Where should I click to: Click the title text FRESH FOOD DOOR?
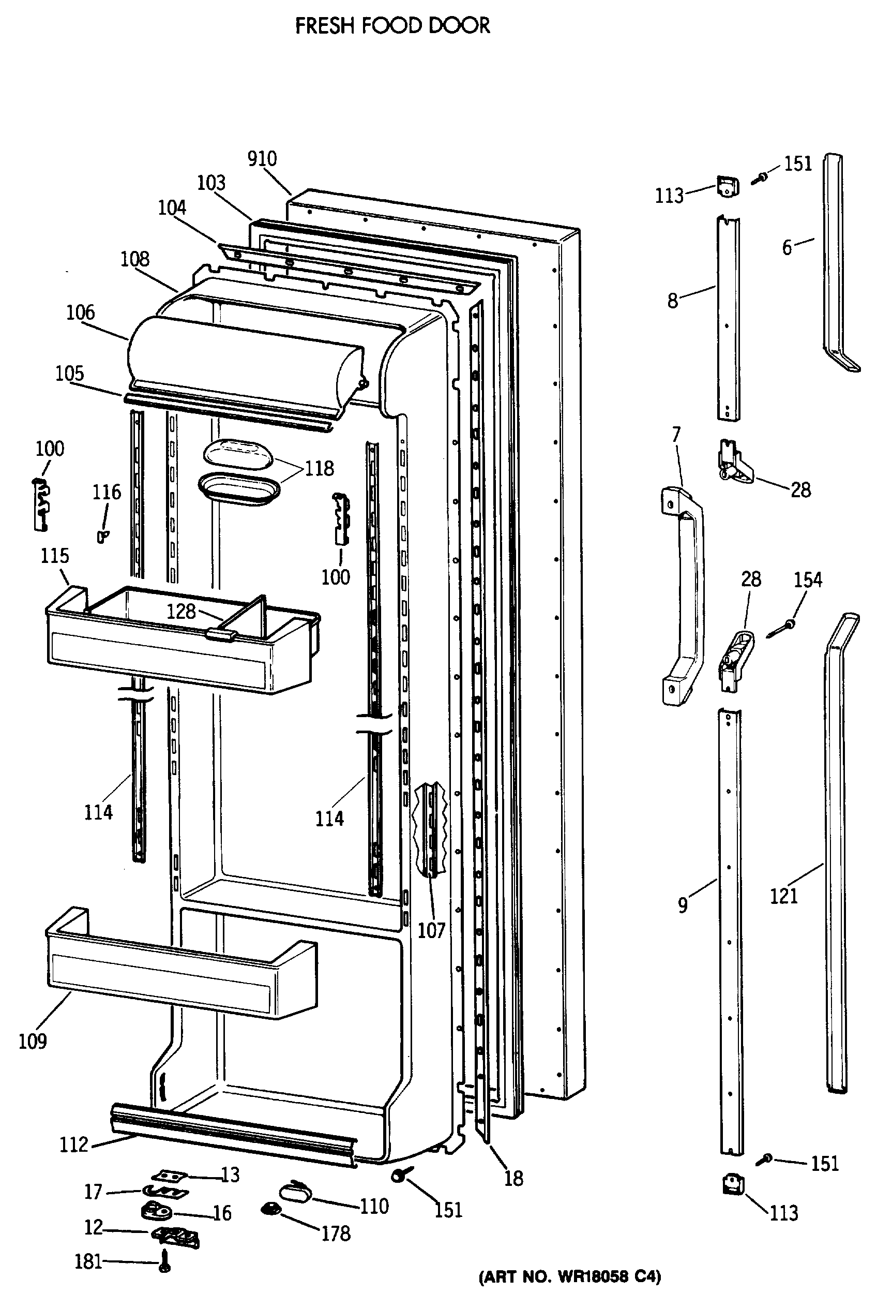click(392, 26)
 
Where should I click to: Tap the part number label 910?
click(262, 159)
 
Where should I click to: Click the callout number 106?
click(81, 313)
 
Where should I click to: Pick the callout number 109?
click(33, 1041)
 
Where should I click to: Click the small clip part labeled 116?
click(102, 537)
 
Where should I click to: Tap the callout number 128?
click(180, 611)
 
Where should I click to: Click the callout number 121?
click(783, 896)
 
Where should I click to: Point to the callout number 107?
click(431, 930)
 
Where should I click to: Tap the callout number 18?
click(513, 1178)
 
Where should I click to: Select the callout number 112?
click(74, 1144)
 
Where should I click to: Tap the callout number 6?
click(787, 247)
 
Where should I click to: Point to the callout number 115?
click(55, 556)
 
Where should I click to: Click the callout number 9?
click(683, 905)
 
